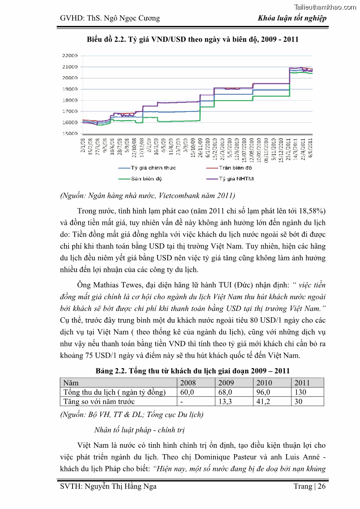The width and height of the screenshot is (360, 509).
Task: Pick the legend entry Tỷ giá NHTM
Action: tap(236, 179)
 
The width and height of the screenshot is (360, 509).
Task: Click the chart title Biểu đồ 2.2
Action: tap(193, 39)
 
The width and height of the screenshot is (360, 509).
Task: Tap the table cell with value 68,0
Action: tap(225, 392)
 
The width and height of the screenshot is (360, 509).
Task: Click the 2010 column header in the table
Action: tap(264, 383)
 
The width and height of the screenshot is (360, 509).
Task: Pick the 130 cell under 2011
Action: tap(301, 392)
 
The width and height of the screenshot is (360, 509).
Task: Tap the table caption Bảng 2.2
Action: tap(192, 371)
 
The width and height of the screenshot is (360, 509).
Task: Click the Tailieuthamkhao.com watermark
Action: tap(325, 7)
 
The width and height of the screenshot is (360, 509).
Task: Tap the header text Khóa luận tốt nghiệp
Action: tap(292, 19)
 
